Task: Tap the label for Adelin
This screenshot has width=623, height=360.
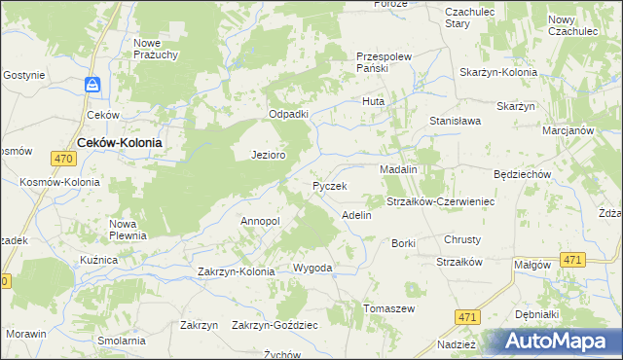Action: (356, 214)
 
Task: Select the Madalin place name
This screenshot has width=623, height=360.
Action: (398, 169)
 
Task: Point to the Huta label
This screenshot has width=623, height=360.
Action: (374, 101)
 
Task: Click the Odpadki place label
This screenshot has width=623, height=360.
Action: (289, 114)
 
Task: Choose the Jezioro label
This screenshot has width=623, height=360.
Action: (268, 155)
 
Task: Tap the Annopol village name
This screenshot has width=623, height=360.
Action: (260, 221)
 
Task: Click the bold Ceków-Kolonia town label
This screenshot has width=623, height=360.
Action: (119, 141)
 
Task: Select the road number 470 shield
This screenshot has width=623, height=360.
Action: (63, 159)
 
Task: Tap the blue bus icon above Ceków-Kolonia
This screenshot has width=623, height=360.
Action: (92, 86)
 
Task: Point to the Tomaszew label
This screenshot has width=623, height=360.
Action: (389, 308)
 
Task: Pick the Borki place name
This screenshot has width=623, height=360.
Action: (403, 242)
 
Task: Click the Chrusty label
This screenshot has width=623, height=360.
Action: (462, 239)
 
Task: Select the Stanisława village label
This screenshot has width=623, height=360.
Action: (457, 121)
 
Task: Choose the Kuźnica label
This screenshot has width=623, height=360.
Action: (98, 261)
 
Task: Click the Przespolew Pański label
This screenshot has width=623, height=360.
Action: (386, 62)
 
